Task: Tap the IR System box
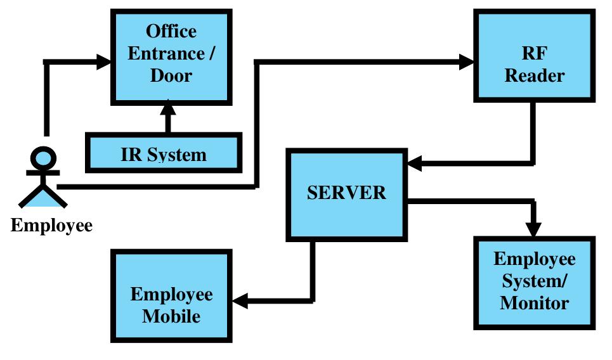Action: point(164,153)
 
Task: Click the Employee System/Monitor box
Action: point(534,282)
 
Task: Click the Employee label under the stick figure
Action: point(51,226)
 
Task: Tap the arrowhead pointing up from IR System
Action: point(168,107)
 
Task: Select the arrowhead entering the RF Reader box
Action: point(466,62)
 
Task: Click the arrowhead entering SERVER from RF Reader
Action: point(414,164)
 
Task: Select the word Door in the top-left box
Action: point(171,75)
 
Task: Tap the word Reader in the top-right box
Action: point(534,76)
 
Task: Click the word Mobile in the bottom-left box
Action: point(171,316)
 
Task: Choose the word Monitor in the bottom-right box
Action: point(534,302)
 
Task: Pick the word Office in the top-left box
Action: point(171,31)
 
